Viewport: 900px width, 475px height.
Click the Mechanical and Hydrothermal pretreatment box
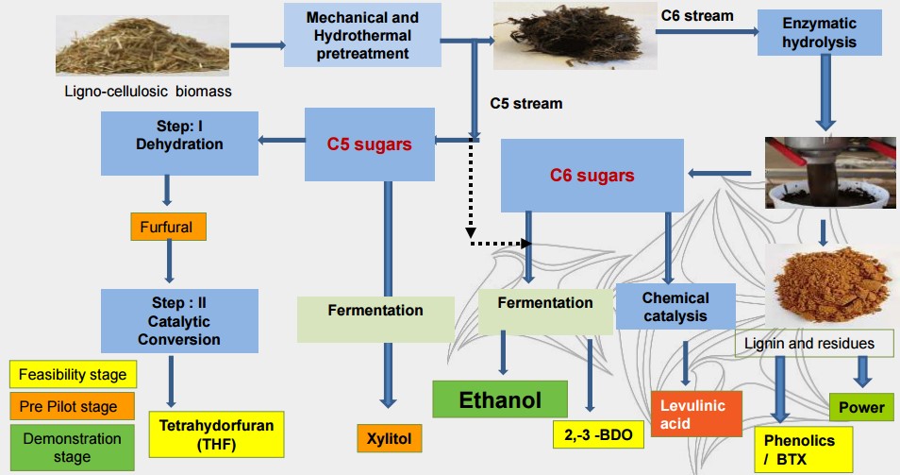[363, 35]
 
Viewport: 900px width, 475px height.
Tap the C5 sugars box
[369, 144]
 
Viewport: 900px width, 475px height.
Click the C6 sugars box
[592, 176]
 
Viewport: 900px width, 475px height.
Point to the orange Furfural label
[168, 227]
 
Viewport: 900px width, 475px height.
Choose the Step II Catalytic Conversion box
[179, 321]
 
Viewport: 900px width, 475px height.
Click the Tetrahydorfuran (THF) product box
[216, 434]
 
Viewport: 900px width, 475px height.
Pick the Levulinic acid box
[692, 414]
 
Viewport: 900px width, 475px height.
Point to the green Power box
[860, 407]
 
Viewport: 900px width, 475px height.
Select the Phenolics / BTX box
[803, 448]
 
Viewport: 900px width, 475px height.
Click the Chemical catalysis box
[675, 307]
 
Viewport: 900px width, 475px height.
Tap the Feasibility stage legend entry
[73, 375]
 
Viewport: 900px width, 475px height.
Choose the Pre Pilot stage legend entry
[69, 407]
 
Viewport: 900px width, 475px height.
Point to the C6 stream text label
[698, 15]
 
